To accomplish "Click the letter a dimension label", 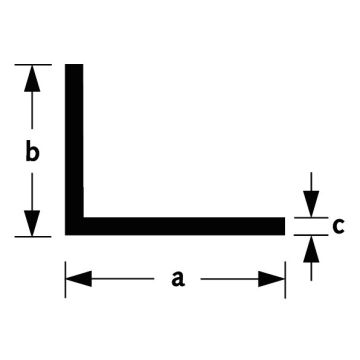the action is click(178, 279).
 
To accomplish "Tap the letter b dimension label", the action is click(32, 152).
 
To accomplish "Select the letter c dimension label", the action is click(338, 226).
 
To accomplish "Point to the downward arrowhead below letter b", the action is click(32, 223).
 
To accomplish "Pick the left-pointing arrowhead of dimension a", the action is click(79, 279).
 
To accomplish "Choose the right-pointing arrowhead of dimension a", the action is click(271, 279).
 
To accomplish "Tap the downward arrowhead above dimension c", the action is click(311, 204).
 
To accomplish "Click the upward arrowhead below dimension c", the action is click(311, 249).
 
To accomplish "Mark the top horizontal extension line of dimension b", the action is click(33, 64).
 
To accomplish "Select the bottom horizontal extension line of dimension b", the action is click(33, 237).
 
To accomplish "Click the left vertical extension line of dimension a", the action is click(65, 279).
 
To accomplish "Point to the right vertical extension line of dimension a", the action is click(285, 279).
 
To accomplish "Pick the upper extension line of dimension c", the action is click(311, 218).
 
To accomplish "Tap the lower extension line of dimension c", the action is click(311, 235).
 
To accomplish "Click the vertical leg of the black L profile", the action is click(74, 140).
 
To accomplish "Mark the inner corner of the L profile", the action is click(83, 217).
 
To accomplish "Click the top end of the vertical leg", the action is click(74, 64).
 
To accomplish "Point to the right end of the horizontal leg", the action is click(285, 226).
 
